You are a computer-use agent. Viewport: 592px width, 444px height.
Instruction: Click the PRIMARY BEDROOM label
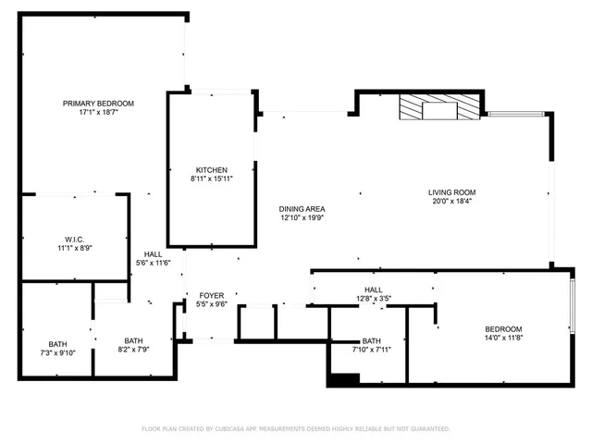point(98,103)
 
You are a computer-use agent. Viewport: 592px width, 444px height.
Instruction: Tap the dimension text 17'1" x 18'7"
point(98,112)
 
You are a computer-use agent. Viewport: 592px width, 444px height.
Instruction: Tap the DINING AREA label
point(302,209)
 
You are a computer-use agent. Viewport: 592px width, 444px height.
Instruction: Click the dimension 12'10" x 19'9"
point(302,218)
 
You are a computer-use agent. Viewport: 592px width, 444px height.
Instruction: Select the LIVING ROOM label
point(451,192)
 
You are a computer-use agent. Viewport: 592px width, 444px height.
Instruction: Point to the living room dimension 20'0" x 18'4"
point(451,202)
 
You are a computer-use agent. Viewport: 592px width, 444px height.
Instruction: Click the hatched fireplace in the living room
point(440,108)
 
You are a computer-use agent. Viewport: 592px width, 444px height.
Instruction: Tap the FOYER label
point(212,295)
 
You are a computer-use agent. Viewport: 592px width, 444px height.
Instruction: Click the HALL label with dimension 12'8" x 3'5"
point(374,290)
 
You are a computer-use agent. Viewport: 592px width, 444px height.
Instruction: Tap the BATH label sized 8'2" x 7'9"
point(134,339)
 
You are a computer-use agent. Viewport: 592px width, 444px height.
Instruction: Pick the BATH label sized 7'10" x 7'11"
point(371,340)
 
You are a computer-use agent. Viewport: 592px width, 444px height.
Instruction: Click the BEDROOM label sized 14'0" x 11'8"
point(503,329)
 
